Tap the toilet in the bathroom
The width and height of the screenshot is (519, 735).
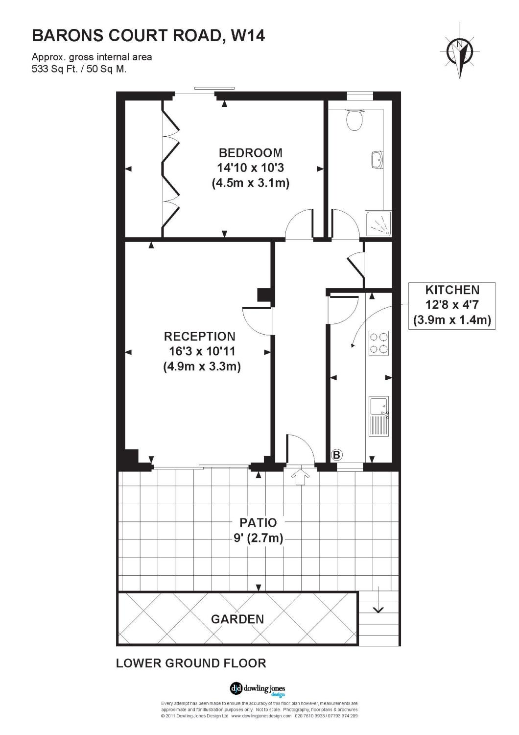354,120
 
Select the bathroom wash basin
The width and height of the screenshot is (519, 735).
377,160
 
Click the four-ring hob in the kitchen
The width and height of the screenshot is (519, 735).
378,343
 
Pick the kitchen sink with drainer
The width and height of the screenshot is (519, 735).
378,416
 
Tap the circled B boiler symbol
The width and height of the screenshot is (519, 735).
337,455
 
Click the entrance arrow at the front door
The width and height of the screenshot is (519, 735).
300,478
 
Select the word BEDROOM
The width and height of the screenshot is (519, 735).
251,153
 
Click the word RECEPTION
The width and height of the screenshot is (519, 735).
200,336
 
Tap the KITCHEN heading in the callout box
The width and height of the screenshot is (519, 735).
452,290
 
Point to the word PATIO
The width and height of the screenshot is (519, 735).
258,522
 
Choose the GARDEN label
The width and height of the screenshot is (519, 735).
237,619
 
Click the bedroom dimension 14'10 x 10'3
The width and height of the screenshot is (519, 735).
251,168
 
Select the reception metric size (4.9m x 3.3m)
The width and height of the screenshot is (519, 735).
202,366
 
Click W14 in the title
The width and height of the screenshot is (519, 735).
248,36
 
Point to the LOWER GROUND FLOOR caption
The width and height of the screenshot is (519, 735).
191,663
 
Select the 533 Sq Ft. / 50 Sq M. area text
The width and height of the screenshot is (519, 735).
79,69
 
